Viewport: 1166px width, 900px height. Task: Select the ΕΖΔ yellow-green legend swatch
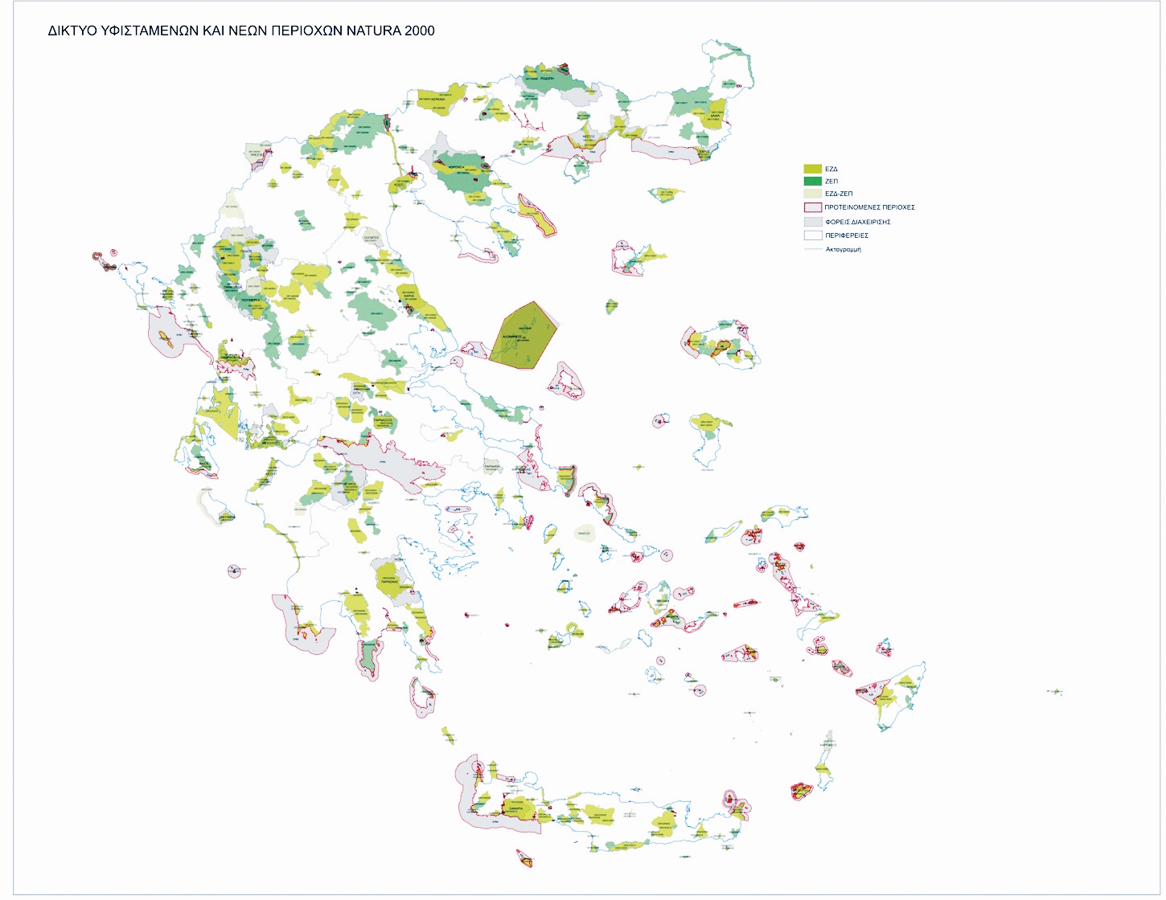point(812,169)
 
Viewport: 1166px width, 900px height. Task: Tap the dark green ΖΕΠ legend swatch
point(812,181)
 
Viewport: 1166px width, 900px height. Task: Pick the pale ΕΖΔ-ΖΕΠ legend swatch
point(812,194)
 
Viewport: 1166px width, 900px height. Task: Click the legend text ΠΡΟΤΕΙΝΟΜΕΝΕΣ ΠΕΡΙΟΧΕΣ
point(869,207)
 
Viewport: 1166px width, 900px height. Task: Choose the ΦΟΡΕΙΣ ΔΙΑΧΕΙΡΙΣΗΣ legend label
point(857,222)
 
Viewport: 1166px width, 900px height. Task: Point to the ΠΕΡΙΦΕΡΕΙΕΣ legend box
point(812,235)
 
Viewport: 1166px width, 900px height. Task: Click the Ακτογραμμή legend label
point(843,250)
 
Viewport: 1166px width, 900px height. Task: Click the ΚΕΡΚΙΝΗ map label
point(437,100)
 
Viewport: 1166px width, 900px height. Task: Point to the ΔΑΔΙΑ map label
point(714,116)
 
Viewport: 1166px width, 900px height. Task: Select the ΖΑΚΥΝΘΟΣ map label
point(227,517)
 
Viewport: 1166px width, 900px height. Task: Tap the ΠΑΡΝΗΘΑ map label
point(491,466)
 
